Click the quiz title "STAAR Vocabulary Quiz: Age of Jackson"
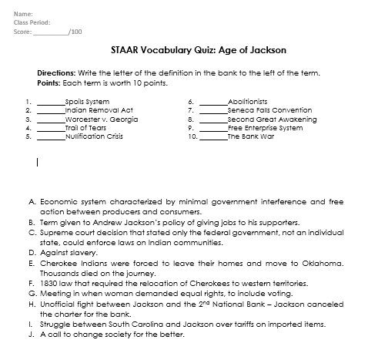[x=193, y=50]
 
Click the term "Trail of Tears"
[x=85, y=127]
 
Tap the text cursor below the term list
[x=38, y=162]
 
